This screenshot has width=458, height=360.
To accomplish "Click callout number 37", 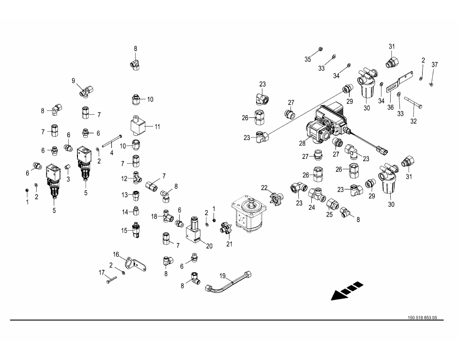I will (x=434, y=65).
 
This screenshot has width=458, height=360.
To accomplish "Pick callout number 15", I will (x=124, y=231).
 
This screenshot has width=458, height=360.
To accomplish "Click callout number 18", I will (x=154, y=216).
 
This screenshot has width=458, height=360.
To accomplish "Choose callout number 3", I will (x=68, y=179).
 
